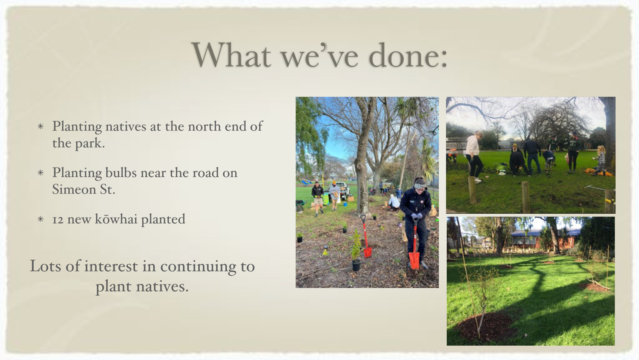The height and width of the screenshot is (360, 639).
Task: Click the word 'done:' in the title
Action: tap(408, 55)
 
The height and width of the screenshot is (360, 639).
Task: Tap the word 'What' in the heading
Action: tap(231, 54)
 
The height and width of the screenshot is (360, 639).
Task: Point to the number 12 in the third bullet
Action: tap(58, 219)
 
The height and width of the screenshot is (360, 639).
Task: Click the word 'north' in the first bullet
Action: tap(204, 126)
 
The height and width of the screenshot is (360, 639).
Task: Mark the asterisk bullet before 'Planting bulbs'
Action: tap(40, 173)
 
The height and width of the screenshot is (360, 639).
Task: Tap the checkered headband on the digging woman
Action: tap(419, 186)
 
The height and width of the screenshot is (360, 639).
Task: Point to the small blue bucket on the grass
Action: tap(345, 205)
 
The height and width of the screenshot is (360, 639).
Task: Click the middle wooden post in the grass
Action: tap(526, 197)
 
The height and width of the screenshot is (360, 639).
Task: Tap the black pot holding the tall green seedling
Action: tap(356, 265)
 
